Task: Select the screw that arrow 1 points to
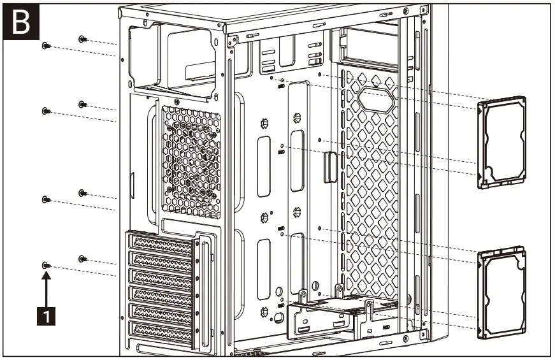click(46, 264)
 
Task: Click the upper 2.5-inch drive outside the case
click(503, 143)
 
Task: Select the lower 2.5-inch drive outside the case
click(503, 291)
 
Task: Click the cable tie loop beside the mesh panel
click(329, 167)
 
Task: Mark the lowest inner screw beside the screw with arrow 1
click(83, 258)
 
